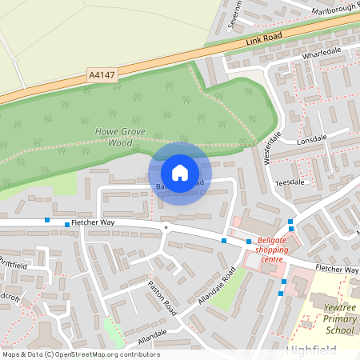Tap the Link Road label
(265, 38)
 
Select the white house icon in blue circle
(180, 173)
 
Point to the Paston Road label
(161, 295)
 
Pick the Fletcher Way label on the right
(335, 270)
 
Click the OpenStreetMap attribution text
(81, 354)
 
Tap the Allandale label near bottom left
(152, 335)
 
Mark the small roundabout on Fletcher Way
(166, 227)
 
